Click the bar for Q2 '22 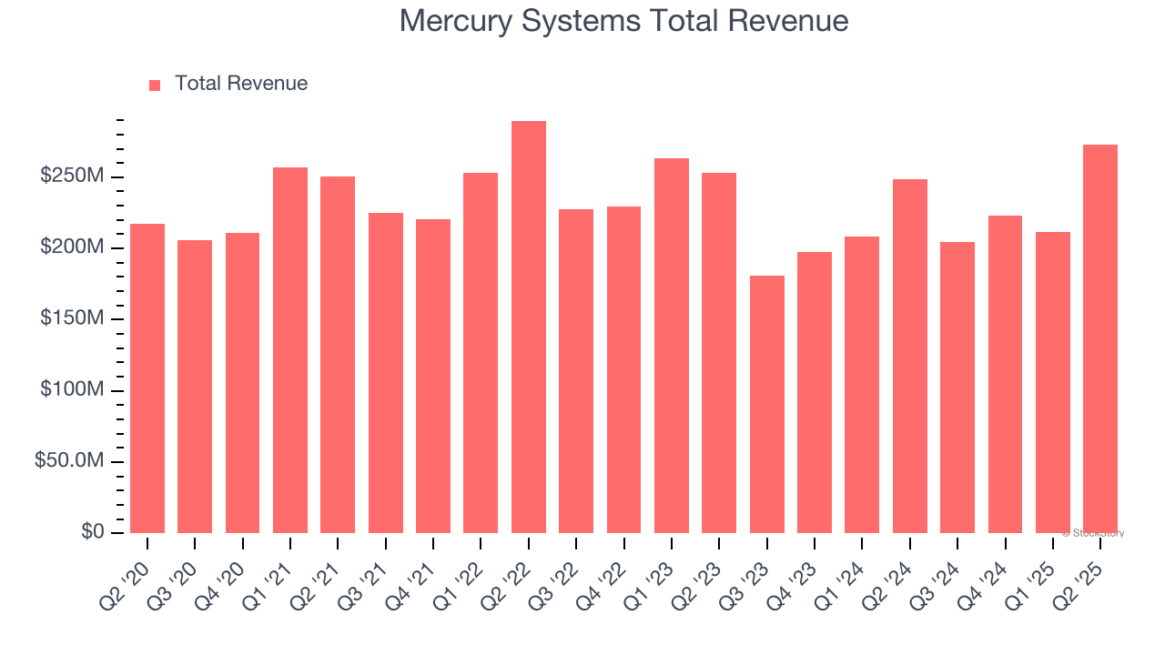[529, 327]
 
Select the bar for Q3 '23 [767, 404]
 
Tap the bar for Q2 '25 [1100, 338]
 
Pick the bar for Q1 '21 [290, 350]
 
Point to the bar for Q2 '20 [147, 378]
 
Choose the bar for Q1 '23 [672, 346]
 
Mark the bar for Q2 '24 [910, 356]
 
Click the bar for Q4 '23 [815, 392]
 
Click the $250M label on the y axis [71, 176]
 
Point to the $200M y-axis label [71, 247]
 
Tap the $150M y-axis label [71, 319]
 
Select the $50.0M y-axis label [68, 461]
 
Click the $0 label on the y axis [93, 532]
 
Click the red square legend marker [155, 86]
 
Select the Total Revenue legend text [241, 84]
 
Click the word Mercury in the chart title [455, 21]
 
